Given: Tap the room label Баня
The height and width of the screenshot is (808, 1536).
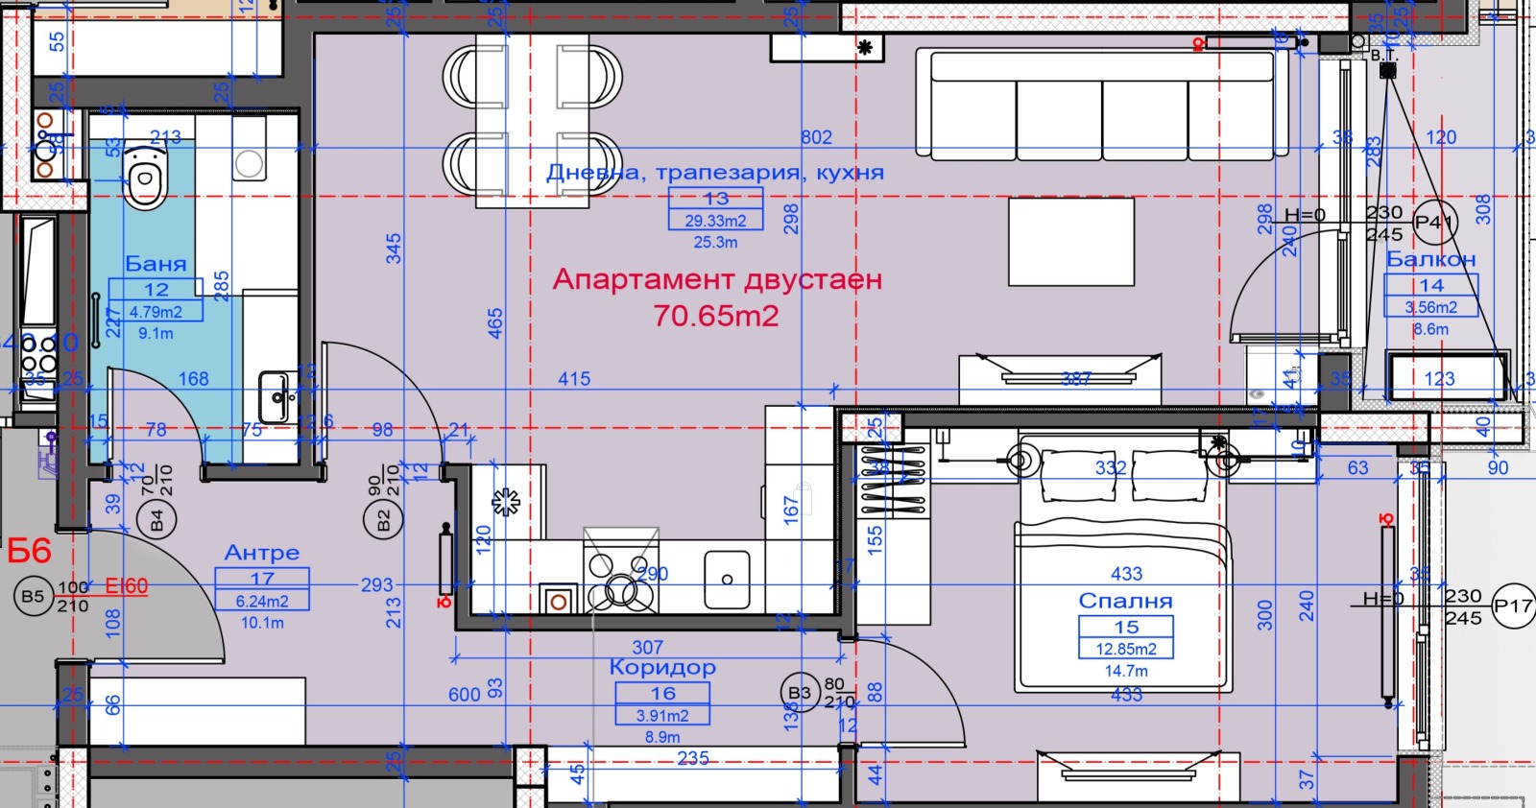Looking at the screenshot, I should pyautogui.click(x=156, y=263).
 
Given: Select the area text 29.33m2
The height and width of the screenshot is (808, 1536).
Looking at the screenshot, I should pyautogui.click(x=715, y=221).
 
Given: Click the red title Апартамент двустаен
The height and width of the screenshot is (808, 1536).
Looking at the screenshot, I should pyautogui.click(x=717, y=280).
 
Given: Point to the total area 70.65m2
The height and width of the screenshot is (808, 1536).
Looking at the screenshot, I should pyautogui.click(x=715, y=316).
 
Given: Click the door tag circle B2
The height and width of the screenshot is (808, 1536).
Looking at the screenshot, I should pyautogui.click(x=382, y=521).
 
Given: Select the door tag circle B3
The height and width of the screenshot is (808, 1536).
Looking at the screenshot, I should pyautogui.click(x=799, y=693).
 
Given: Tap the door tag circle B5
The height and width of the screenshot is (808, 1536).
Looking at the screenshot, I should pyautogui.click(x=33, y=596).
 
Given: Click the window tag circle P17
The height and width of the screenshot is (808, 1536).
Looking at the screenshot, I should pyautogui.click(x=1513, y=606).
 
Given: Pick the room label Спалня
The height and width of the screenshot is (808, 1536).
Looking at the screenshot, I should pyautogui.click(x=1125, y=601).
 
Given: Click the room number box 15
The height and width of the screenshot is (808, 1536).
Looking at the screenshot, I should pyautogui.click(x=1126, y=627).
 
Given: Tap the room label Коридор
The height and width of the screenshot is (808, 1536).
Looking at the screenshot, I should pyautogui.click(x=662, y=667).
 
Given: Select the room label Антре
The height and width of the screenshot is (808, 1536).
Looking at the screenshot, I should pyautogui.click(x=262, y=553).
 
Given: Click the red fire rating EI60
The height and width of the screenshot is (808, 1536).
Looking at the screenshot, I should pyautogui.click(x=127, y=585).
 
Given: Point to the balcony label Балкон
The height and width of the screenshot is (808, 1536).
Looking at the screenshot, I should pyautogui.click(x=1430, y=259).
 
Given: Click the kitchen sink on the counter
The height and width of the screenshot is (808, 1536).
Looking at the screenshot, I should pyautogui.click(x=727, y=580).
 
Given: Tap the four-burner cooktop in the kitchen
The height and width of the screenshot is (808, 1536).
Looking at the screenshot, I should pyautogui.click(x=620, y=582).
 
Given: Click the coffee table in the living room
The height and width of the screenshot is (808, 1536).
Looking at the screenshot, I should pyautogui.click(x=1071, y=242).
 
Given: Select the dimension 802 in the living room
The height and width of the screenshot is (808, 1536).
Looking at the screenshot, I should pyautogui.click(x=816, y=137).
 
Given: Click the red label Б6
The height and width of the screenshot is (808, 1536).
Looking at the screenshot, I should pyautogui.click(x=29, y=551).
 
